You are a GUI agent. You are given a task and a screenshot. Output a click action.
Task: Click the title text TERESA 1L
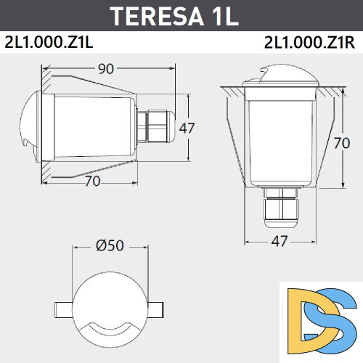174,16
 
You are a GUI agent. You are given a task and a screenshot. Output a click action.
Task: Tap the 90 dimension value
107,69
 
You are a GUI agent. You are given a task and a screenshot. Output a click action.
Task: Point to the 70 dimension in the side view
92,181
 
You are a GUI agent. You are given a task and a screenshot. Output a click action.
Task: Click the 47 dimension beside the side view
187,129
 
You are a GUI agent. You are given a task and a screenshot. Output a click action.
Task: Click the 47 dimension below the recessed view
280,240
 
